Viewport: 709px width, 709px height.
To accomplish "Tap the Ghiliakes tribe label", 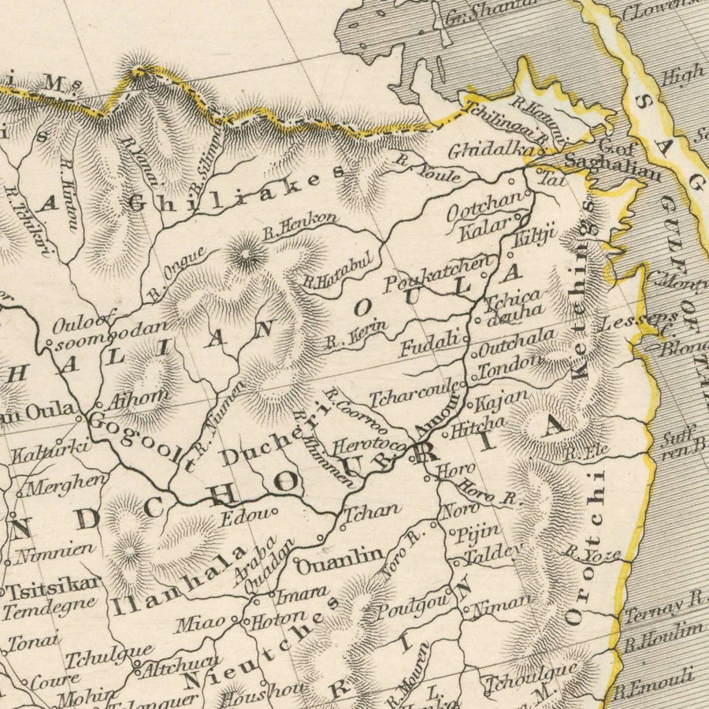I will [x=236, y=189].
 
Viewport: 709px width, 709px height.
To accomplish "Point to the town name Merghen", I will [x=68, y=482].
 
